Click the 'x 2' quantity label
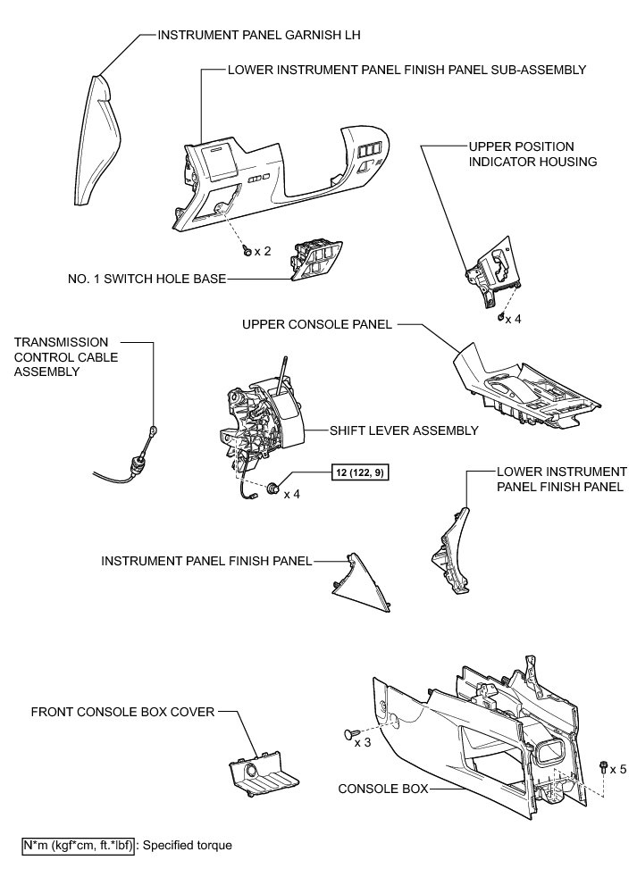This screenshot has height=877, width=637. coord(262,251)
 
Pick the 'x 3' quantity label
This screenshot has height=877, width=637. coord(362,742)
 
